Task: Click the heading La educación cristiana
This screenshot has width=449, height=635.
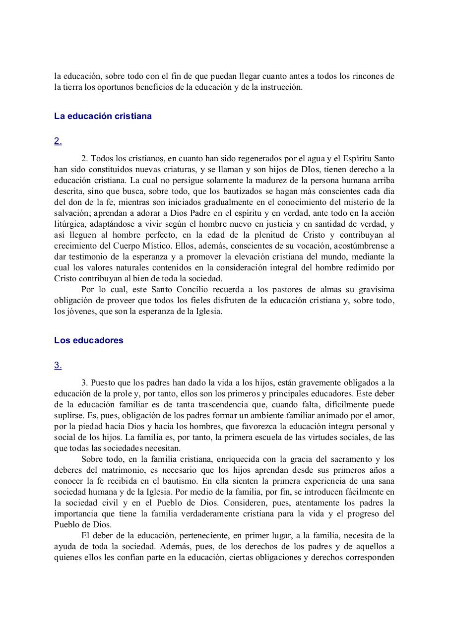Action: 103,116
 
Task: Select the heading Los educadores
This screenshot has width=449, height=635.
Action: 89,340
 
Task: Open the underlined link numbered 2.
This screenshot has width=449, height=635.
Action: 58,141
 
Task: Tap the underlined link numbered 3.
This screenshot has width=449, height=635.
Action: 58,365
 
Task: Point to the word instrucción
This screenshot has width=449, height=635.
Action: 279,87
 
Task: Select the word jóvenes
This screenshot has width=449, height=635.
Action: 78,312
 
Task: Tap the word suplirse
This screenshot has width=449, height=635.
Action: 69,416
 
